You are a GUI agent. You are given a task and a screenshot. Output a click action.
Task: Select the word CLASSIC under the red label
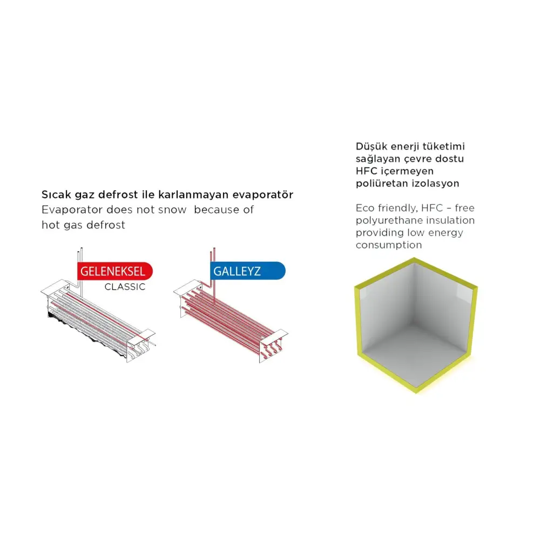(x=125, y=287)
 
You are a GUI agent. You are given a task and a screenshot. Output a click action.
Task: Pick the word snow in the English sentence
(x=173, y=210)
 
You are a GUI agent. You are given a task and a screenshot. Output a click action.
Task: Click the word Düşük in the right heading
(x=371, y=146)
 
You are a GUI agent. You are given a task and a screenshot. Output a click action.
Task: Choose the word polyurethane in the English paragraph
(x=389, y=220)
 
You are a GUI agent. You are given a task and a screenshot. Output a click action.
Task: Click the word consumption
(x=389, y=245)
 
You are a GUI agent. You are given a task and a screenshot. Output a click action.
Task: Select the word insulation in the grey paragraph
(x=450, y=220)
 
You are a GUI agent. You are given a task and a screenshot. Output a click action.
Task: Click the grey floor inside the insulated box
(x=416, y=351)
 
